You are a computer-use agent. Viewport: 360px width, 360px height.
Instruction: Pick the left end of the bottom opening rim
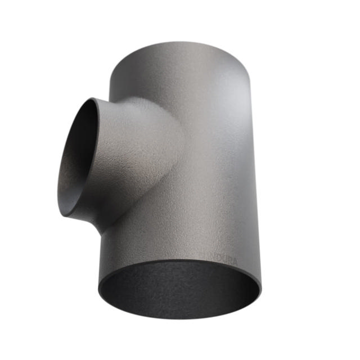99,290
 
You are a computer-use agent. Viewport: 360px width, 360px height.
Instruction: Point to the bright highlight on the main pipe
231,141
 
